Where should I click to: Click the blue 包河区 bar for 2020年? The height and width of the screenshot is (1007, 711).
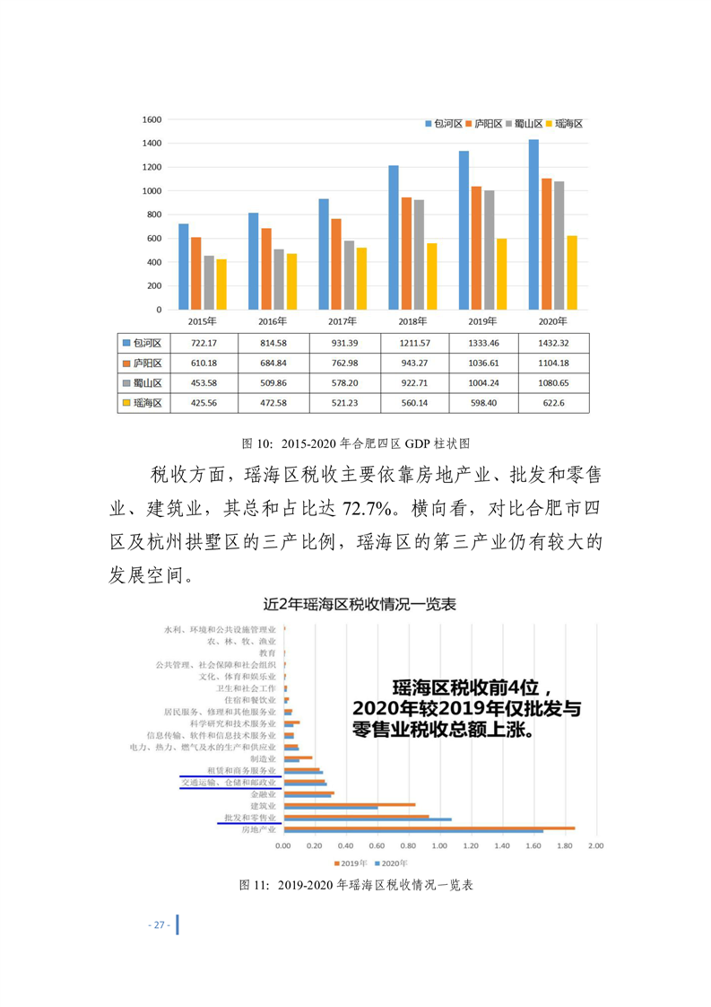pyautogui.click(x=533, y=224)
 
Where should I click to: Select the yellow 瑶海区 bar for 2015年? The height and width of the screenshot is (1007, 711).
pyautogui.click(x=221, y=285)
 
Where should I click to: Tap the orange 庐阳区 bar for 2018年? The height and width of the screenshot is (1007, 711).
pyautogui.click(x=406, y=254)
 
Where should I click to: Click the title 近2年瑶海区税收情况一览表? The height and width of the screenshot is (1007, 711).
pyautogui.click(x=355, y=604)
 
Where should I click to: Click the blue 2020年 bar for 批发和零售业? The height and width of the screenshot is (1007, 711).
pyautogui.click(x=368, y=819)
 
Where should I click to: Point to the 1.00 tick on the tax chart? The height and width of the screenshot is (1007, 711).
pyautogui.click(x=439, y=845)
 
